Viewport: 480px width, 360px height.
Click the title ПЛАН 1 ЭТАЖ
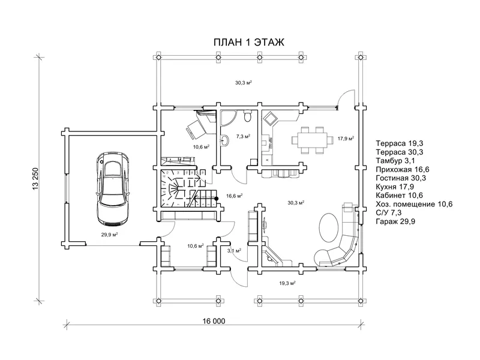(248, 42)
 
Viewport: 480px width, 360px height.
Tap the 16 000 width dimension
(214, 321)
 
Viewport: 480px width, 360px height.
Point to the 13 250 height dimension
(35, 178)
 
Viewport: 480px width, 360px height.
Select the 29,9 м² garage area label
(110, 235)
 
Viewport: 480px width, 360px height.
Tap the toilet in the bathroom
(247, 116)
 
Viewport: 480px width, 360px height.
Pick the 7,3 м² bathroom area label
(244, 136)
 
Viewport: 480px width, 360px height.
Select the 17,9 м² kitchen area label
(346, 139)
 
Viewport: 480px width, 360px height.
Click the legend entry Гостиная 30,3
(401, 178)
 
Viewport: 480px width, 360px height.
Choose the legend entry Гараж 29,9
(395, 221)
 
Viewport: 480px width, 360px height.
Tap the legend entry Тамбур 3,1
(395, 160)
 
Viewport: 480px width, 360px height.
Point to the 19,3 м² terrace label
(287, 283)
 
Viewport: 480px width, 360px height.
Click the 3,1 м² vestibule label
(234, 250)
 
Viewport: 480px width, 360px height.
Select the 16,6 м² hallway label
(235, 196)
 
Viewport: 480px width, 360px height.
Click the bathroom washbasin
(224, 140)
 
